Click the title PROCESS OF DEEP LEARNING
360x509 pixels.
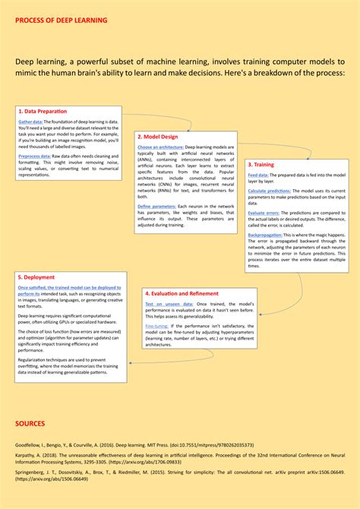pos(62,20)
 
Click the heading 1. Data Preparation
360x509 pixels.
pos(43,111)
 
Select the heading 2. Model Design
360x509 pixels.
pos(156,137)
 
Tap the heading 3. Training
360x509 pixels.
pos(261,165)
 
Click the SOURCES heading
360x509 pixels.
pos(30,423)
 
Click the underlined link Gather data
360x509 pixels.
pos(30,122)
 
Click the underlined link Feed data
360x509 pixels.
pos(258,175)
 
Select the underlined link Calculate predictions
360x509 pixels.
pos(267,190)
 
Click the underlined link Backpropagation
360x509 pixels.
pos(265,236)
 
